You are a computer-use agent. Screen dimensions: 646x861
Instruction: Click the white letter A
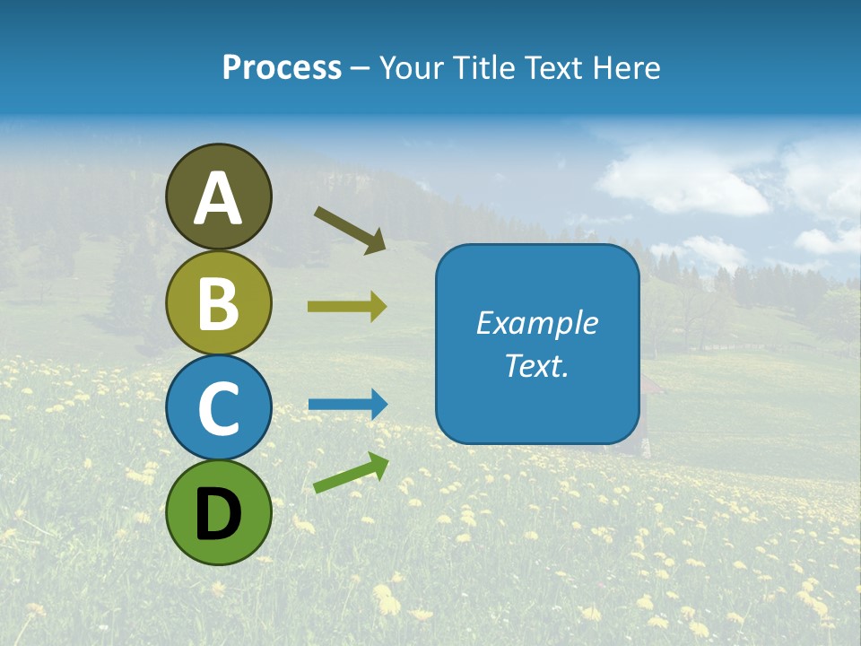point(219,198)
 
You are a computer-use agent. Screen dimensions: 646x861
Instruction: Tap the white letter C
point(219,408)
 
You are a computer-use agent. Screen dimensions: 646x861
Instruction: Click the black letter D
point(219,514)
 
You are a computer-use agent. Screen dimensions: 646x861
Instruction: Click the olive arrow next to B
point(347,307)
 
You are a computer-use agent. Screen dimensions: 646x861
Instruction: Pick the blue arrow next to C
point(348,405)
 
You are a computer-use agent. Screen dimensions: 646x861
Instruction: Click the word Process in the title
point(282,68)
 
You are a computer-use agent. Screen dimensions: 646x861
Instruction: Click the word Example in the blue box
point(536,323)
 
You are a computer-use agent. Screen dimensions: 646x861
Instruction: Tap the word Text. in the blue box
point(536,365)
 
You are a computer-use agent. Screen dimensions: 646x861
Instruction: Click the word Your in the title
point(411,68)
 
